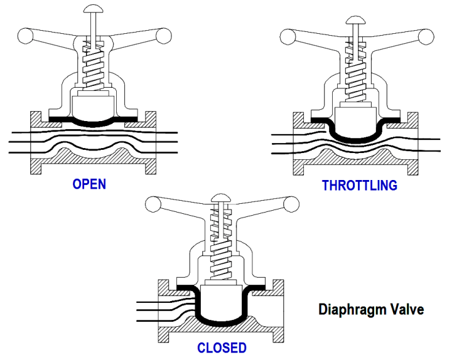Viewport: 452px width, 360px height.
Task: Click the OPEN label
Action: tap(89, 184)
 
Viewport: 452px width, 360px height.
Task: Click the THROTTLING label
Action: tap(359, 185)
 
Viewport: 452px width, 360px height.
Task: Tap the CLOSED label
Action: tap(222, 347)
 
